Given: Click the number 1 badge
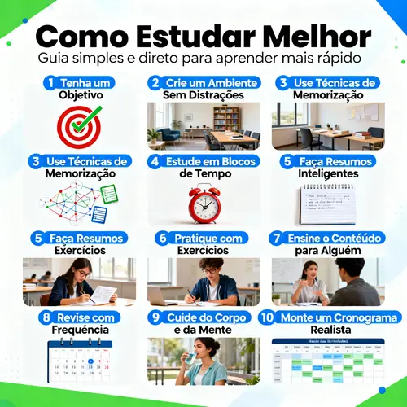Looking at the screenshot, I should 51,82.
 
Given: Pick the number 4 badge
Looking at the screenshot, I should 155,160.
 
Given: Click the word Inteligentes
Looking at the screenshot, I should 328,173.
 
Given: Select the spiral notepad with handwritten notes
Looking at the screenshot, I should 328,203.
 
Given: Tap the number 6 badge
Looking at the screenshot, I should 163,238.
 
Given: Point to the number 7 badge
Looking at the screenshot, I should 277,238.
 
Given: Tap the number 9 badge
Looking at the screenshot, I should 155,317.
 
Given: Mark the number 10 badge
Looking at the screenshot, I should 267,317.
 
